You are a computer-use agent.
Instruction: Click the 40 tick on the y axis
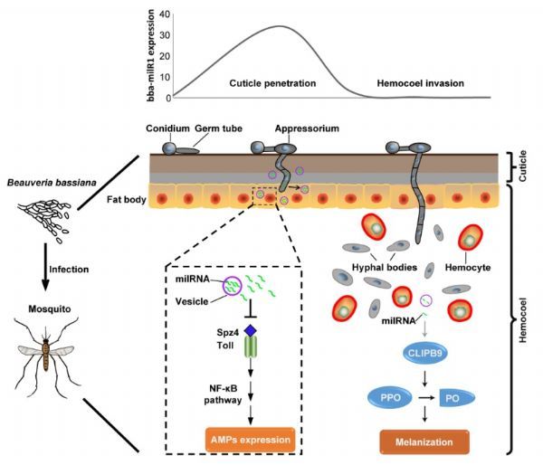(165, 14)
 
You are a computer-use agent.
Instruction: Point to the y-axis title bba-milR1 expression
(150, 55)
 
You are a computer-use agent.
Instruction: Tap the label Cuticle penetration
(272, 83)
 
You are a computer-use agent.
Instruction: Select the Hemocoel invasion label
(421, 83)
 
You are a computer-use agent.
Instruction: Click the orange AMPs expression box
(251, 440)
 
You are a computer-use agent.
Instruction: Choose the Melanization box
(424, 441)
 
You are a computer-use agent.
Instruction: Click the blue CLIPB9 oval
(425, 354)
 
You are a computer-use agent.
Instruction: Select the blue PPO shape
(390, 397)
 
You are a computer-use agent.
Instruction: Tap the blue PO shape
(457, 398)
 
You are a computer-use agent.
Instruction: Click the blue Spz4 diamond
(251, 331)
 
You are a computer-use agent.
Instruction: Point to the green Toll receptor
(251, 347)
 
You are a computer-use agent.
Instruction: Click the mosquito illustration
(47, 356)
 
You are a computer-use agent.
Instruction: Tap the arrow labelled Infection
(45, 267)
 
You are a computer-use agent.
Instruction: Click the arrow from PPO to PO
(426, 398)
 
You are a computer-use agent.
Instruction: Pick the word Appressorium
(307, 128)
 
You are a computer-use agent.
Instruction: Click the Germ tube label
(218, 128)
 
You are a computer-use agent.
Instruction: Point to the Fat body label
(126, 200)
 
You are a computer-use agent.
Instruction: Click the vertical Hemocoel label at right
(522, 320)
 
